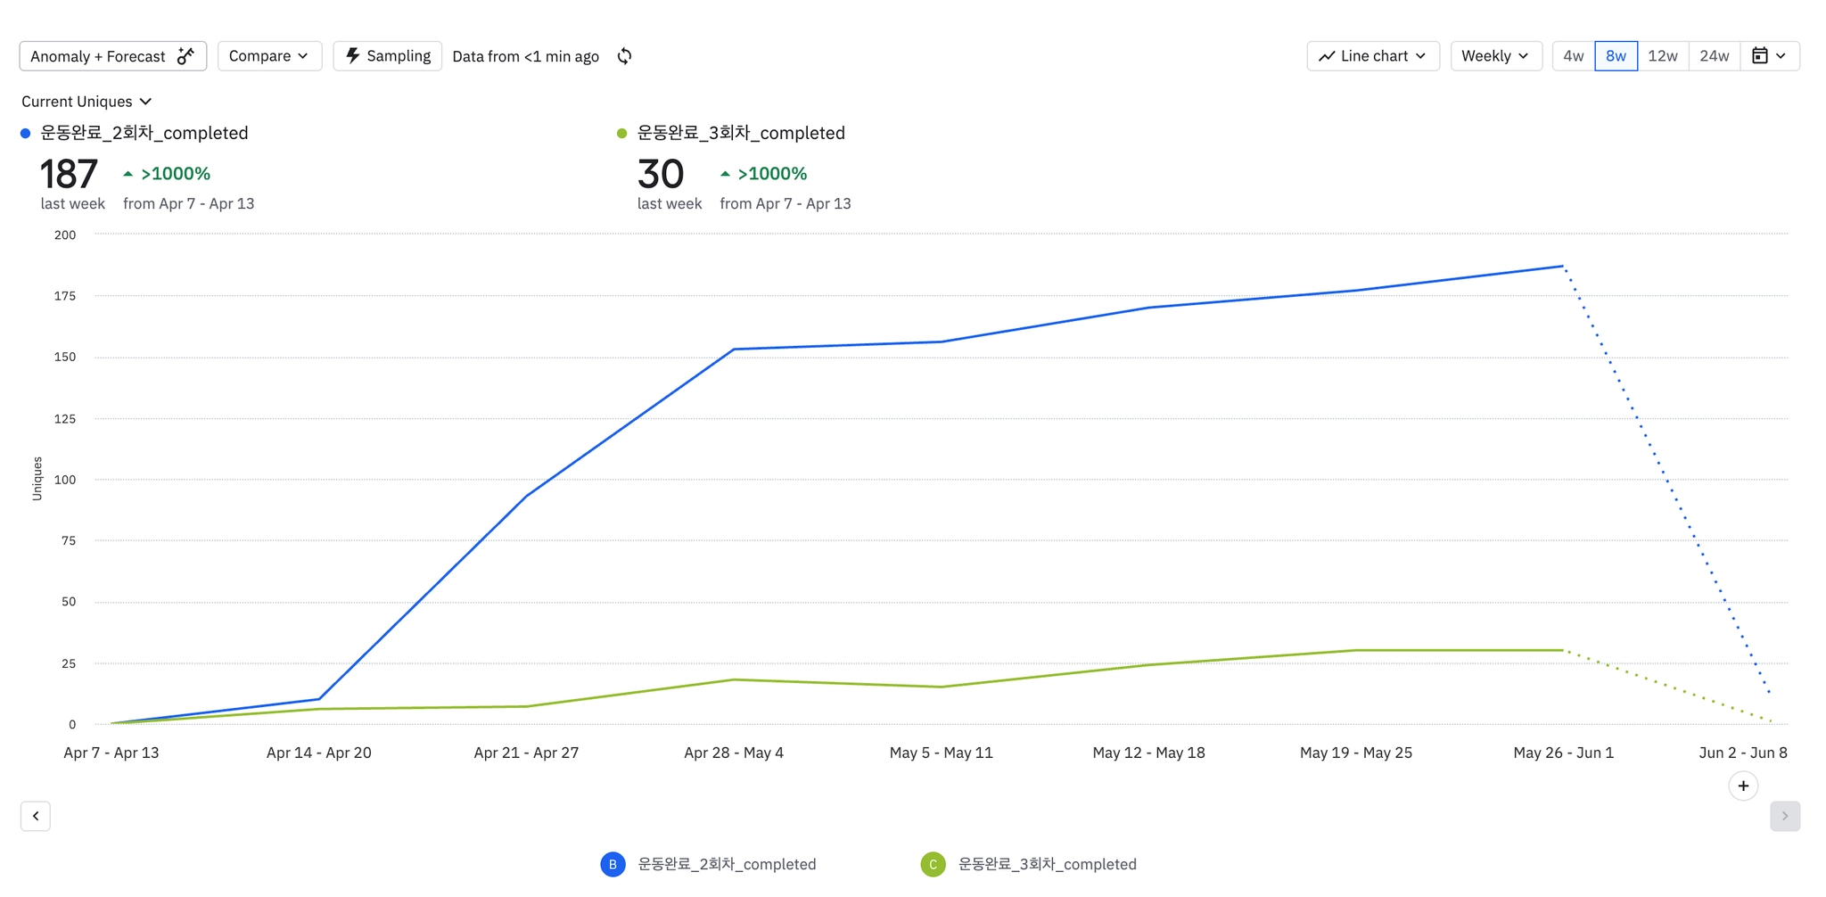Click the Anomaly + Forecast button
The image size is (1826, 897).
coord(112,56)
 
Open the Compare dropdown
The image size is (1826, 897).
coord(268,56)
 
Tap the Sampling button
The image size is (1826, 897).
coord(387,56)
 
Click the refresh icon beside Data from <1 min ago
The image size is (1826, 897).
coord(625,56)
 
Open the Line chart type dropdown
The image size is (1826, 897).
coord(1372,56)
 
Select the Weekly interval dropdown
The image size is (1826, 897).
coord(1495,56)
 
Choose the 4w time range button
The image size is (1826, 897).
coord(1573,56)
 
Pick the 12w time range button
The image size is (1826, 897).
coord(1662,56)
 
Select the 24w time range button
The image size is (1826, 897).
coord(1714,56)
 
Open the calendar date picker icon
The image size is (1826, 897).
coord(1769,56)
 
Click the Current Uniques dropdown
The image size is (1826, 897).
coord(86,102)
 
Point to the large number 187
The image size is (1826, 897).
coord(69,175)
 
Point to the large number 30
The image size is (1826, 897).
coord(661,175)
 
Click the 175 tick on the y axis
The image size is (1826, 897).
coord(65,296)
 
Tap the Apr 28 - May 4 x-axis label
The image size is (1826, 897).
coord(734,753)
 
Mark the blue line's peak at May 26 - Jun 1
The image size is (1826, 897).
coord(1563,266)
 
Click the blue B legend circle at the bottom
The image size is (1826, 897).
coord(613,864)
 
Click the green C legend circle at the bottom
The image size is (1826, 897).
coord(933,864)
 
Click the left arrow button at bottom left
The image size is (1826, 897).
coord(36,816)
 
